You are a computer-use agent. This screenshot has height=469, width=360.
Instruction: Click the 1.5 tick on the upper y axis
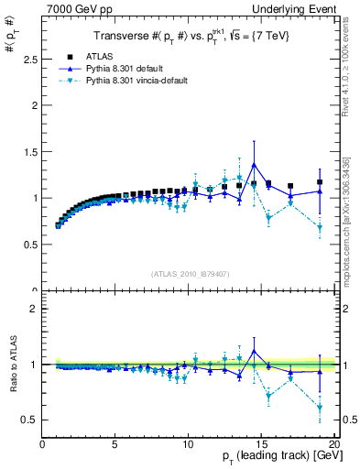point(32,151)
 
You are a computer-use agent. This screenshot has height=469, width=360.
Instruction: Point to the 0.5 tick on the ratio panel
point(32,420)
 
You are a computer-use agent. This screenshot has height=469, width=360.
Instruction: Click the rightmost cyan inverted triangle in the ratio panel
point(320,408)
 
